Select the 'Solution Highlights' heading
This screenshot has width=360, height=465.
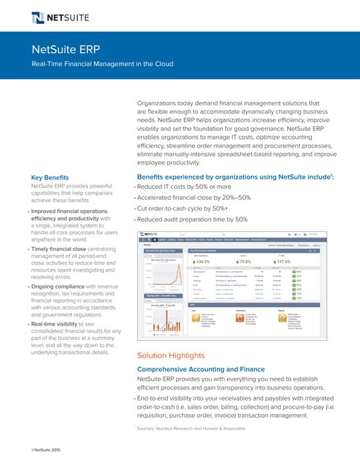point(167,355)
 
